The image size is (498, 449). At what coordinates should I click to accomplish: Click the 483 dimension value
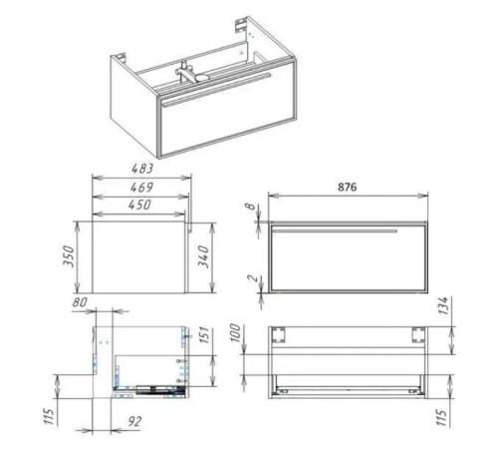pos(142,169)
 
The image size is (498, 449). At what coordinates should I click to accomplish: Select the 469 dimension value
pos(141,188)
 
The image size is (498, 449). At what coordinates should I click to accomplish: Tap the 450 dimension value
pos(139,205)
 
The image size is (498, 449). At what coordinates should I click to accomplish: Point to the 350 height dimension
pos(69,255)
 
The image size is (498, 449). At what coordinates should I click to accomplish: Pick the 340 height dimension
pos(203,256)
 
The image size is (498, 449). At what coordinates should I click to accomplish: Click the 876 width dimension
pos(348,187)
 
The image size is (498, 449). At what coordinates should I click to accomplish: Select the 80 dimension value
pos(80,302)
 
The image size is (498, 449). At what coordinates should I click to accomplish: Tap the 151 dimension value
pos(205,335)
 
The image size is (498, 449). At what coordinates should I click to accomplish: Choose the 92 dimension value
pos(134,421)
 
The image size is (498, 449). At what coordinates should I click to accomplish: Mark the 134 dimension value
pos(444,305)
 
